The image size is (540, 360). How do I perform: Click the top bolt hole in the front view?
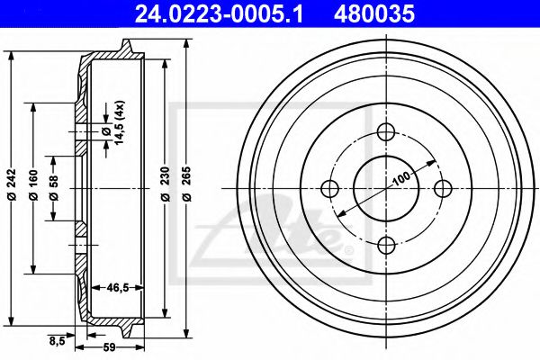[x=386, y=131]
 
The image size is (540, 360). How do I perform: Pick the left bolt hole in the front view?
[x=329, y=188]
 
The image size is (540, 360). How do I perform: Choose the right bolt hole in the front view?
[x=442, y=188]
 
